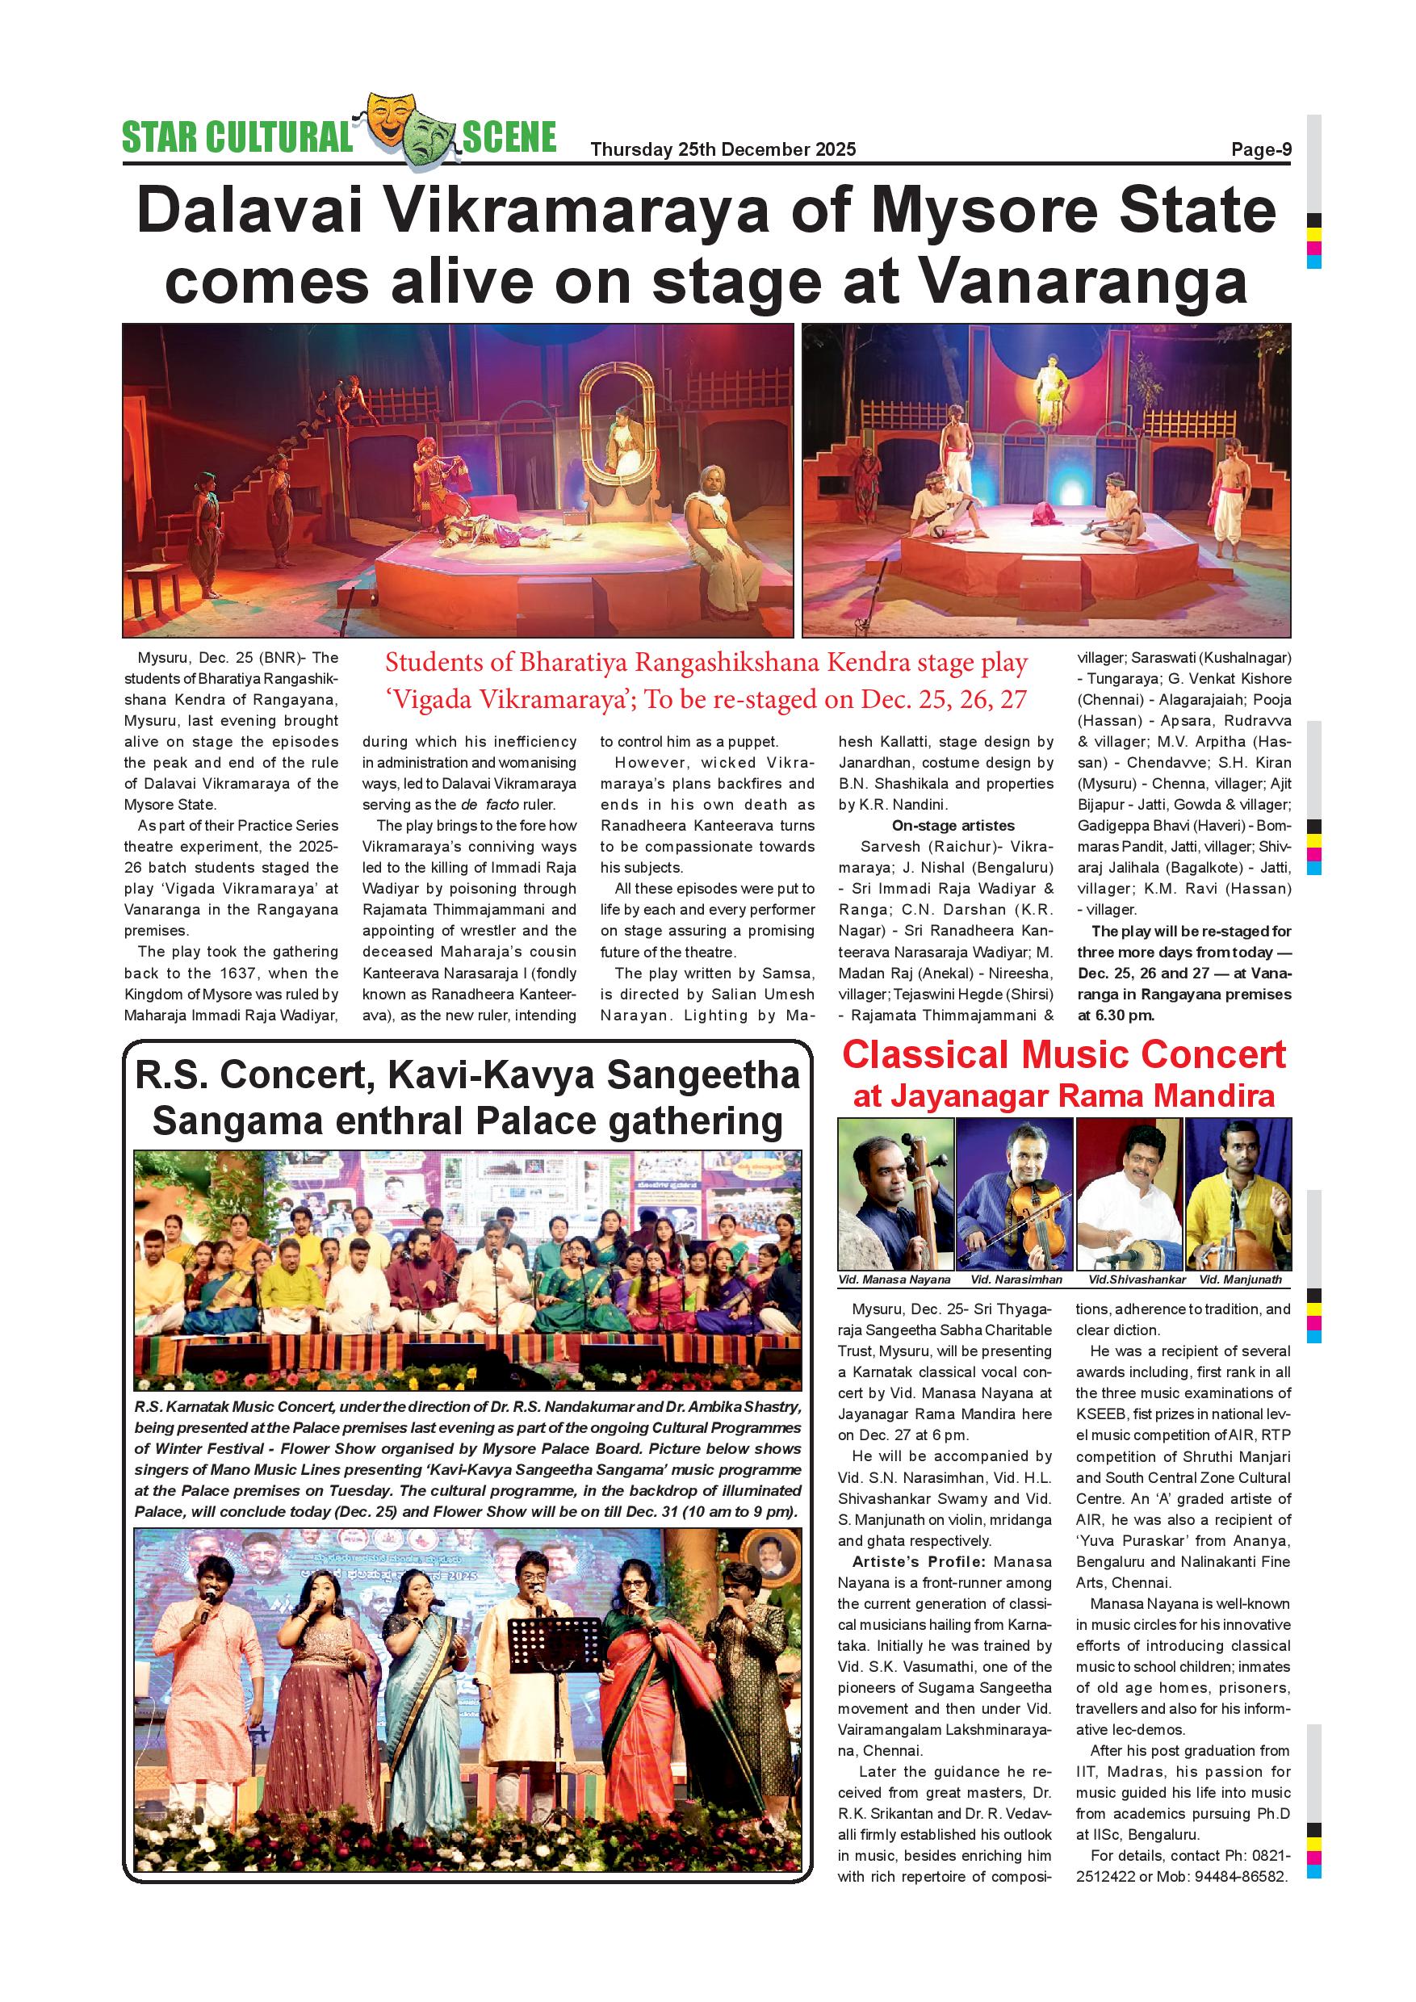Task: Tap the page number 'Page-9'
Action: click(x=1261, y=150)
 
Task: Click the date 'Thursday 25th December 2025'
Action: click(x=723, y=150)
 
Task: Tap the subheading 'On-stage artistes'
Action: click(x=953, y=826)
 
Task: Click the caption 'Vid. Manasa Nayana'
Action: click(x=894, y=1280)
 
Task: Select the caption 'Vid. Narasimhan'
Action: click(x=1016, y=1280)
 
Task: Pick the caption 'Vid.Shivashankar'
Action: click(x=1136, y=1280)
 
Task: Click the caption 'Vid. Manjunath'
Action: click(x=1240, y=1280)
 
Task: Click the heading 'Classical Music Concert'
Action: click(x=1064, y=1055)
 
